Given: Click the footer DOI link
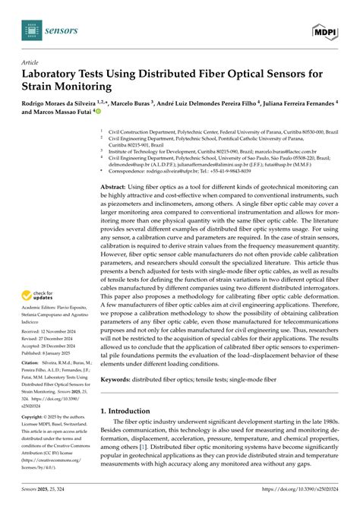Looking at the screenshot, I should [x=313, y=503].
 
